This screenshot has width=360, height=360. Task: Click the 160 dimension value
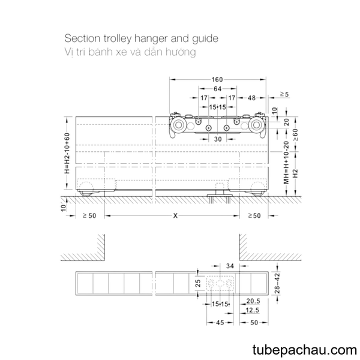point(217,79)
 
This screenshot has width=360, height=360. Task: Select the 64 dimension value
point(217,89)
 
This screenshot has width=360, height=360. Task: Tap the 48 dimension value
point(251,98)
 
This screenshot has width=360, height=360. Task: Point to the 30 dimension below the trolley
point(218,139)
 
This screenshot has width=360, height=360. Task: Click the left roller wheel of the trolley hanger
point(178,125)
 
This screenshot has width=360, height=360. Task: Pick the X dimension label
point(175,215)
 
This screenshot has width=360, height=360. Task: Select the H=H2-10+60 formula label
point(67,153)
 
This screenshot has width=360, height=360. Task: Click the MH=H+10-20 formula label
point(286,163)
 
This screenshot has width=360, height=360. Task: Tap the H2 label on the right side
point(295,173)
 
